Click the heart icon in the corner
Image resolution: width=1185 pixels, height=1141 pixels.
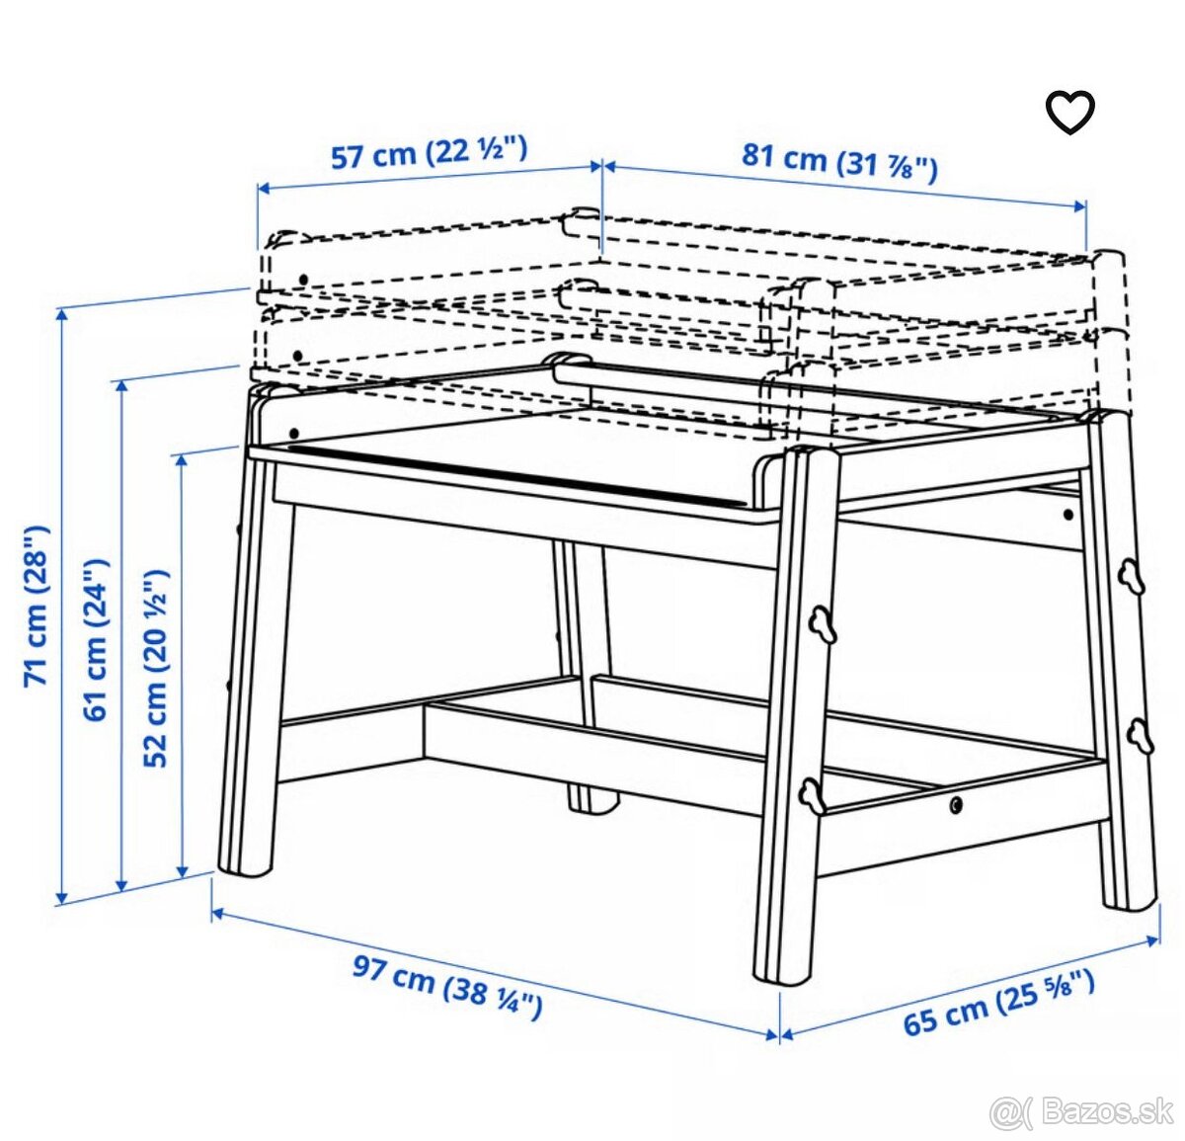(1070, 112)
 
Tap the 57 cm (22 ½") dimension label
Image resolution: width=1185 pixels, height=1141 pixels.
(429, 152)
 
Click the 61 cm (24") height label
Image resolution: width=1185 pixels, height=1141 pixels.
(95, 639)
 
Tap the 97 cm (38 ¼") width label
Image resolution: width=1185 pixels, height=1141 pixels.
(447, 986)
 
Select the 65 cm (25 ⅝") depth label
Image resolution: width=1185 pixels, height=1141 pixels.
(998, 1001)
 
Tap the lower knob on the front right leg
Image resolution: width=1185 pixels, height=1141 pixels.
(813, 795)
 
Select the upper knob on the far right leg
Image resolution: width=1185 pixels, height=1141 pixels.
(1130, 576)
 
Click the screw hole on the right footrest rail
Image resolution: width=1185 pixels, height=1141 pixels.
(955, 805)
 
